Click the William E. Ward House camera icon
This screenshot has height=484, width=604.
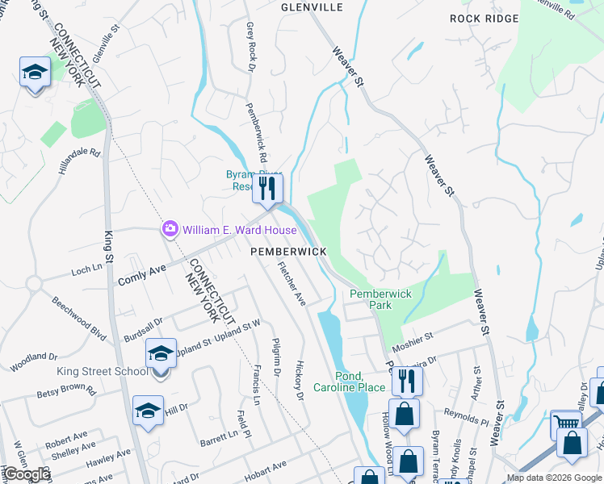(170, 230)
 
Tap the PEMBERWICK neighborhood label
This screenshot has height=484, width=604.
(288, 252)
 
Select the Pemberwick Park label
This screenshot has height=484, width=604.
(381, 299)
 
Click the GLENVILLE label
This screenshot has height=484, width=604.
(312, 7)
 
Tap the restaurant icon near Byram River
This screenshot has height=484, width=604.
(267, 189)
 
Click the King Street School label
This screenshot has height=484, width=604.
(102, 371)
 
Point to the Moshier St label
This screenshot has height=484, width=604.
(413, 334)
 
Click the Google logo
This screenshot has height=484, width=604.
(26, 475)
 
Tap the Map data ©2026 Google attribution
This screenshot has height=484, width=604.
(554, 478)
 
